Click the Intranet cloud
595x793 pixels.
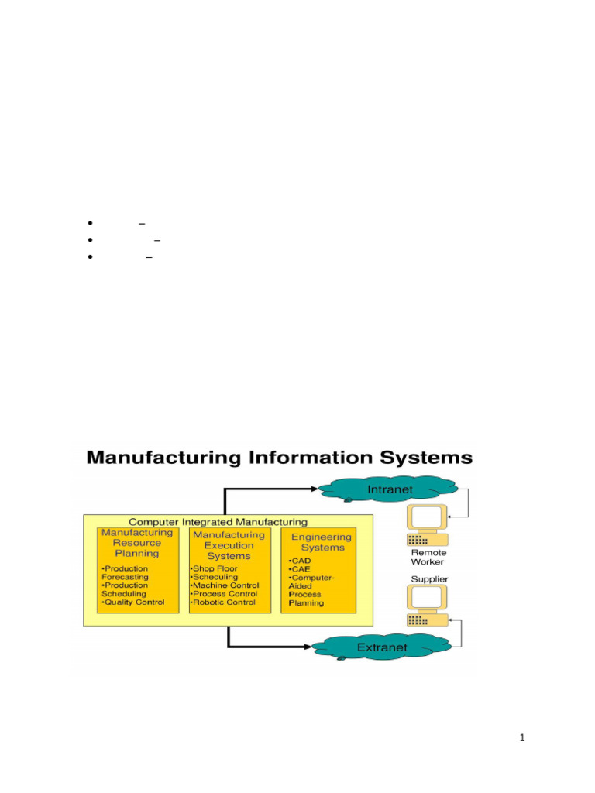pos(390,489)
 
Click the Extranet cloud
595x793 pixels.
pos(382,647)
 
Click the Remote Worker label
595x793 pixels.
pos(428,558)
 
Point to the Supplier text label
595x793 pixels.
pos(429,578)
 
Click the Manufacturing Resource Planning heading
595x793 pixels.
pos(137,543)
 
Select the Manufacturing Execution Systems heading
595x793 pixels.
pos(229,545)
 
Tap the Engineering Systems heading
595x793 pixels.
pos(322,542)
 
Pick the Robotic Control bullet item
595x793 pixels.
pos(225,602)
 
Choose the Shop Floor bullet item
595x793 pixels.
pos(215,568)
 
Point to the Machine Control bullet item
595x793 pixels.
pos(225,585)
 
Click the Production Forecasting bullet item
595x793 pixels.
pos(127,572)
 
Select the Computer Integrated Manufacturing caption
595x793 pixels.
pos(218,522)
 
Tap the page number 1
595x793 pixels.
pos(522,738)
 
